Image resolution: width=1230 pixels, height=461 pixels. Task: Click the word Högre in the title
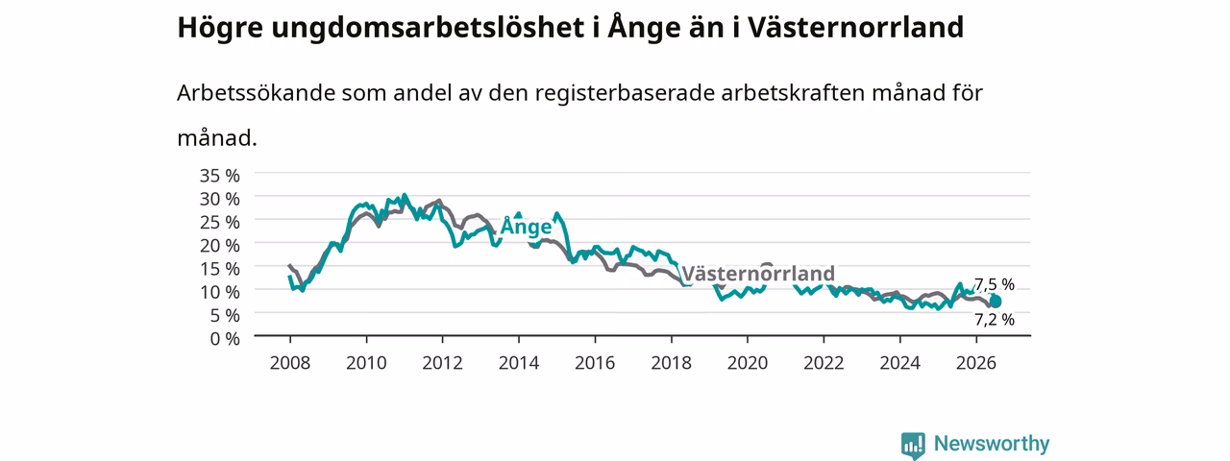220,28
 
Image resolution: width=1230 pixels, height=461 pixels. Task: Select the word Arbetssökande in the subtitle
256,93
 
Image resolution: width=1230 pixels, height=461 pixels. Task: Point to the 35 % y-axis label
220,176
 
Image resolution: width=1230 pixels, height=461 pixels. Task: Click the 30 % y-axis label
220,199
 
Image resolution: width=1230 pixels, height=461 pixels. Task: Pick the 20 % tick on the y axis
220,245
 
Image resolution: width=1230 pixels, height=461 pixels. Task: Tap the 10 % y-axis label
220,292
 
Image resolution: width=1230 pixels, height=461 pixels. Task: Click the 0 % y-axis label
225,339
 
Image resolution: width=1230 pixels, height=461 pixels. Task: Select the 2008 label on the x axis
290,363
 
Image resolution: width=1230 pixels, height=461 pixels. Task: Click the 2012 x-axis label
443,363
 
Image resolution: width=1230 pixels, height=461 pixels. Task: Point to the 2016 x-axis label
595,363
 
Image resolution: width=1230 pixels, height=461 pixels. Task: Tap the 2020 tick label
748,363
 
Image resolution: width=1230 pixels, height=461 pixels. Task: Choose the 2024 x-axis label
900,363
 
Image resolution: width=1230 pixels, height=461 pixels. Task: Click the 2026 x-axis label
975,363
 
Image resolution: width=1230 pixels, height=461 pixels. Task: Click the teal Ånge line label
526,226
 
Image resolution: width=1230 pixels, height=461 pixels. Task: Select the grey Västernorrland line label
758,274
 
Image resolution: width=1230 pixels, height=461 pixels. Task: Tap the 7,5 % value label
995,284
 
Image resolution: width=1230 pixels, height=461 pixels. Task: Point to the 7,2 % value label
995,320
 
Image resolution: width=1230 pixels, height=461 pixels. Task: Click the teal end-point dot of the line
995,302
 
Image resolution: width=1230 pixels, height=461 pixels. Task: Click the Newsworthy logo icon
913,445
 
